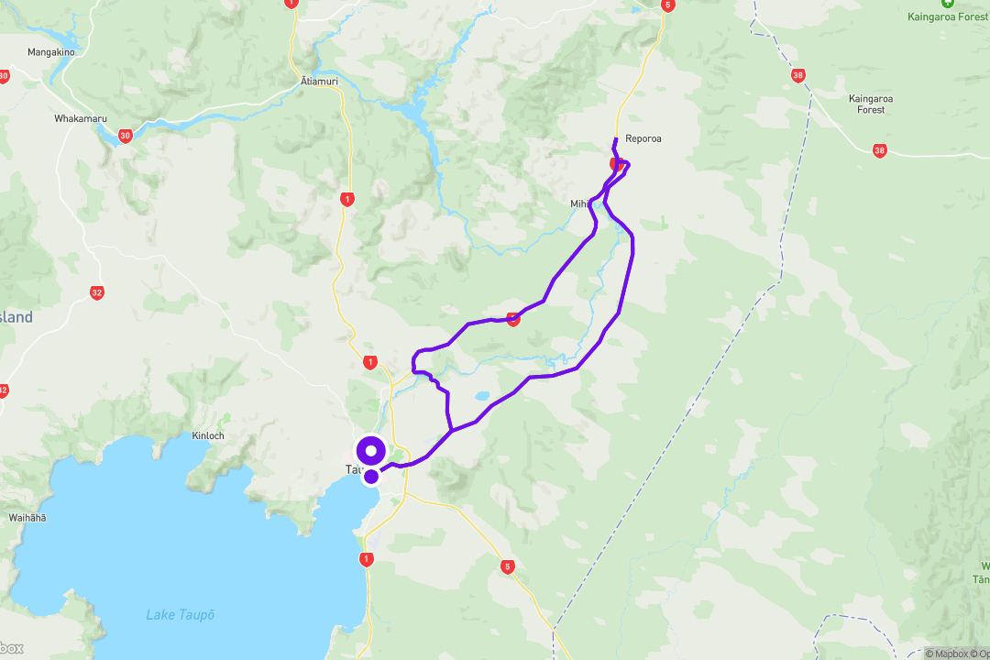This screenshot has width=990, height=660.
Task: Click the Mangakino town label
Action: [50, 52]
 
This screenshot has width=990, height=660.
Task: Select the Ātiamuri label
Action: [320, 82]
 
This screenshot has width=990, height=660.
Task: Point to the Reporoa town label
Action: [643, 139]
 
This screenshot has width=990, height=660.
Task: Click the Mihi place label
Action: [580, 203]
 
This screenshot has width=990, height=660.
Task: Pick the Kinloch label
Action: [208, 435]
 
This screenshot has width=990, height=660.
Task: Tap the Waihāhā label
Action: [27, 518]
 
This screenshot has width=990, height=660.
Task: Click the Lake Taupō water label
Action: [181, 614]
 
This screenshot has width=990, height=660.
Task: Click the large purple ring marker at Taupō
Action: [371, 451]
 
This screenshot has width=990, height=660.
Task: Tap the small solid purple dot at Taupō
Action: [371, 476]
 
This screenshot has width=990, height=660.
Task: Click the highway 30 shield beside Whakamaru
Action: [126, 136]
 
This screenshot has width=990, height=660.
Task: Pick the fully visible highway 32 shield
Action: [97, 293]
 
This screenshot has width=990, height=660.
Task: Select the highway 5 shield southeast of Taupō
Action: [508, 566]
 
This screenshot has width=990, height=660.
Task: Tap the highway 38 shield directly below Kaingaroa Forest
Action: [880, 150]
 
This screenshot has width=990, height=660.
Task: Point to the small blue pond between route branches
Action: [480, 398]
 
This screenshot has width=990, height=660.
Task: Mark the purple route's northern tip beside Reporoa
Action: [614, 139]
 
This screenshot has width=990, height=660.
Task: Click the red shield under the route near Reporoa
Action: [617, 164]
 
